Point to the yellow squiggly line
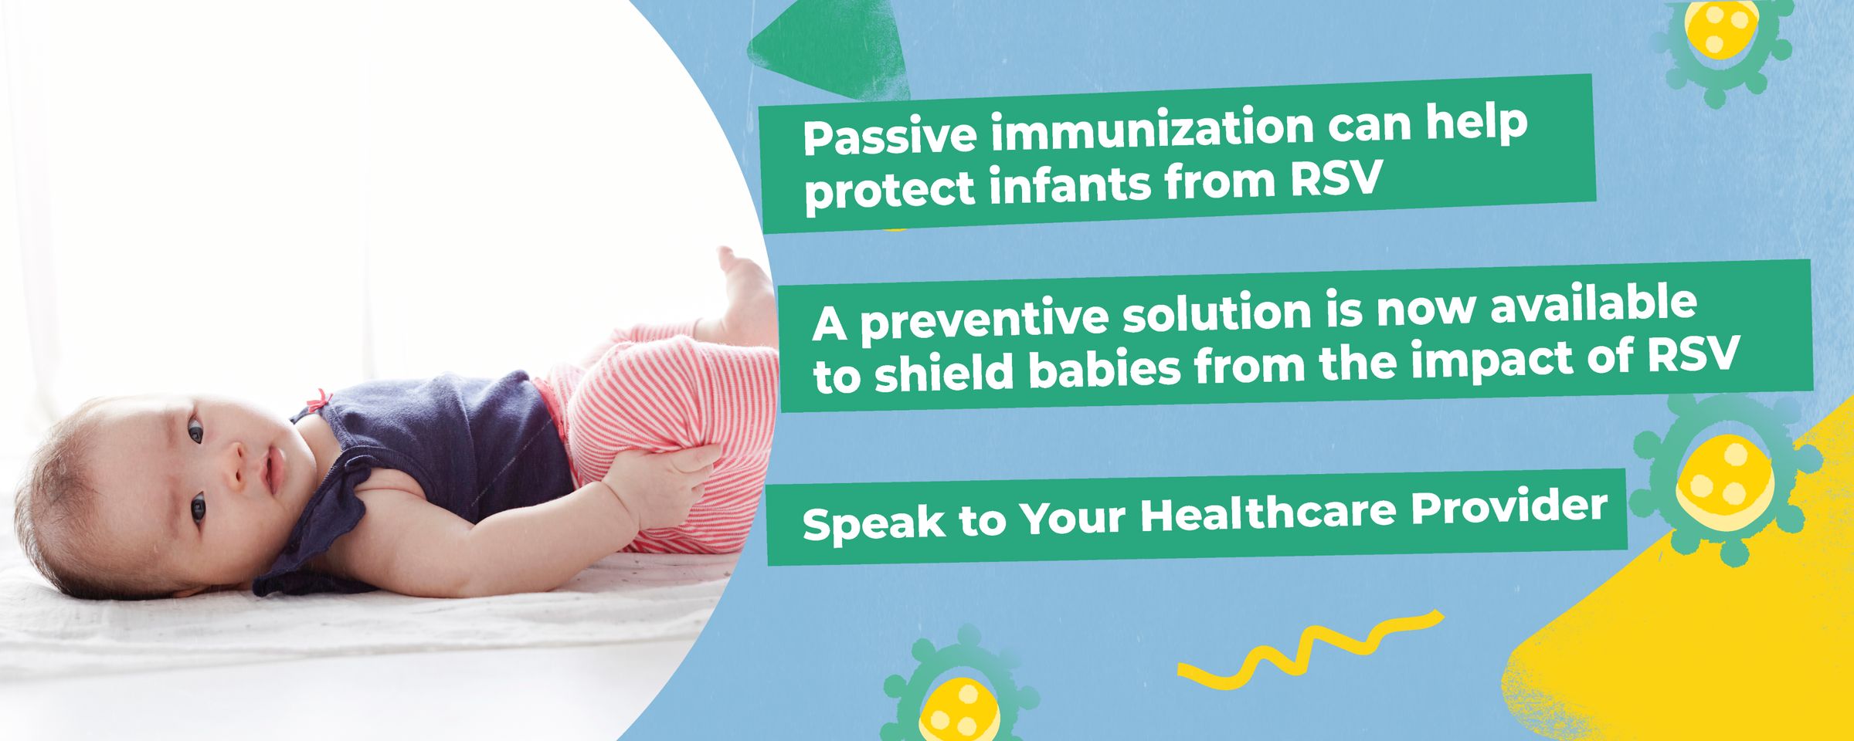1310,648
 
